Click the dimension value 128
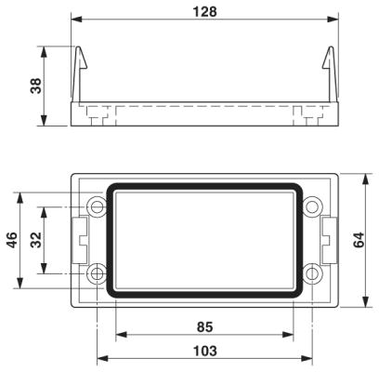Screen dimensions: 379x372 [204, 12]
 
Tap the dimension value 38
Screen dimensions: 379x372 [35, 86]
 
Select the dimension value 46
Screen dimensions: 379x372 [13, 240]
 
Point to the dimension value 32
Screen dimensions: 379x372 [36, 240]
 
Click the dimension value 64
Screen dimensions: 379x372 [359, 240]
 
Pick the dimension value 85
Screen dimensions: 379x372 [205, 327]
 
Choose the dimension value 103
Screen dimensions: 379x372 [205, 352]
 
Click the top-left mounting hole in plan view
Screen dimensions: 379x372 [97, 206]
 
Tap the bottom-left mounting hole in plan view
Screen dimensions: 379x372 [97, 273]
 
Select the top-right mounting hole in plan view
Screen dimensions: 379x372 [312, 206]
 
